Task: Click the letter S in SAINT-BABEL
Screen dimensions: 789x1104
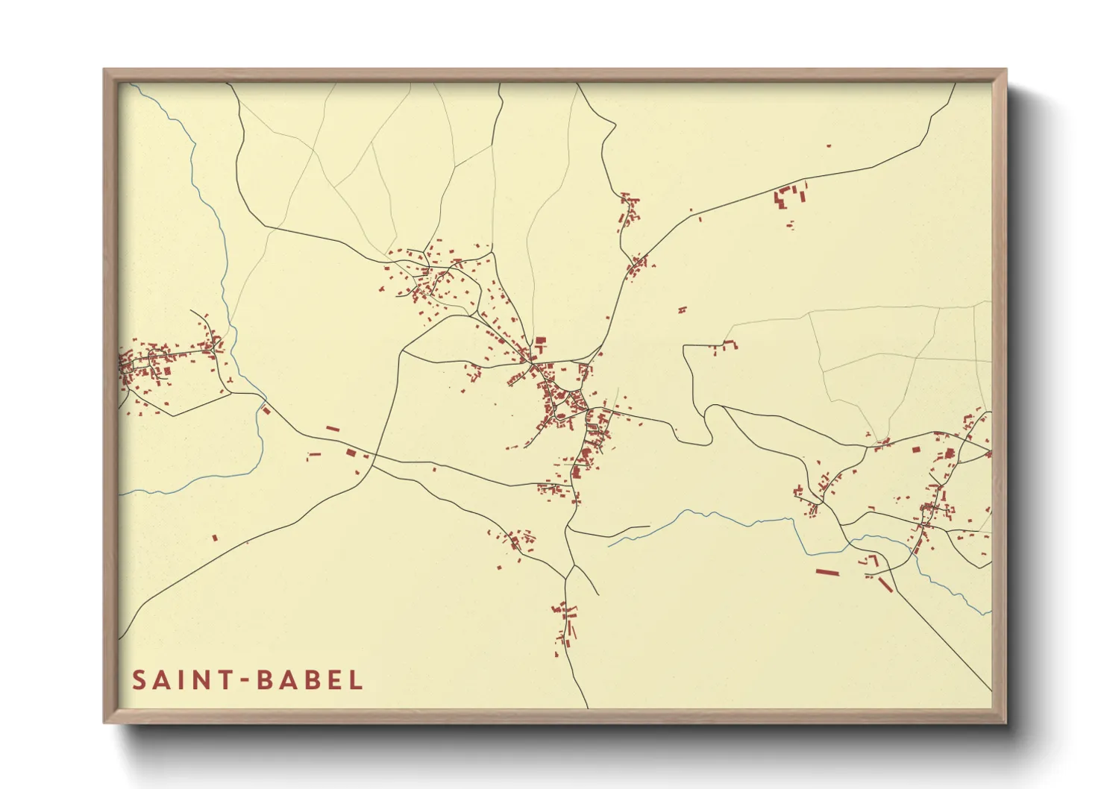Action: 139,680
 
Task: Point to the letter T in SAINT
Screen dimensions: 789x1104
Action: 222,680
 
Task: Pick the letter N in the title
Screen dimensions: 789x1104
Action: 197,680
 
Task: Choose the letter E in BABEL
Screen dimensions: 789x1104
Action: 333,680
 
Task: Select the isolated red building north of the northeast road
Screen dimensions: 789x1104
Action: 828,146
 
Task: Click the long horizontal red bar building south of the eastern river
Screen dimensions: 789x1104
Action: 827,573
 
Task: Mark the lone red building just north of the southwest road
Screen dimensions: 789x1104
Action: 215,537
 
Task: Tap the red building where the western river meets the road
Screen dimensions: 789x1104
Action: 266,409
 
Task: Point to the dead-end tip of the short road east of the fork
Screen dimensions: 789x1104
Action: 649,527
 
